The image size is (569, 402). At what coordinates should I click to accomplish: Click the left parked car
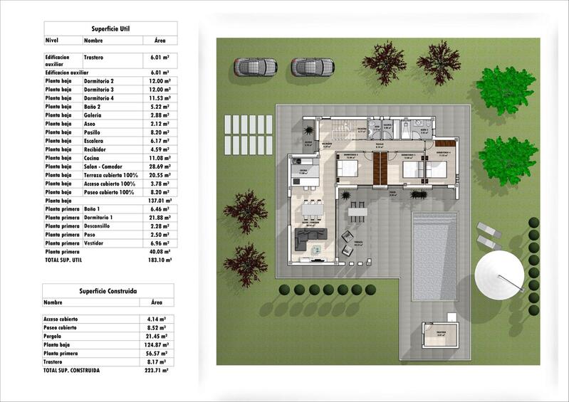pos(254,67)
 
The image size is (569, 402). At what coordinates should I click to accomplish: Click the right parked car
pos(312,67)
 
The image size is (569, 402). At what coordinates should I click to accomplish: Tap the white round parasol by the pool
pos(501,277)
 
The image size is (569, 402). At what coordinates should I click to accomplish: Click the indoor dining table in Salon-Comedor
pos(312,211)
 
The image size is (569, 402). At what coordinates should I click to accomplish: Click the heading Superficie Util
pos(110,28)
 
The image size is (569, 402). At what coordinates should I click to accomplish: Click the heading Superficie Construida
pos(108,291)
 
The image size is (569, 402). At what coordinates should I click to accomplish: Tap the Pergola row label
pos(56,335)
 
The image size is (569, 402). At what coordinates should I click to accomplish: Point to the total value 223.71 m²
pos(155,371)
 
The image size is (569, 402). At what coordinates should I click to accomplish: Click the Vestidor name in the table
pos(97,243)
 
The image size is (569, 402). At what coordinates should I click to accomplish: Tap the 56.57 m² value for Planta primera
pos(155,353)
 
